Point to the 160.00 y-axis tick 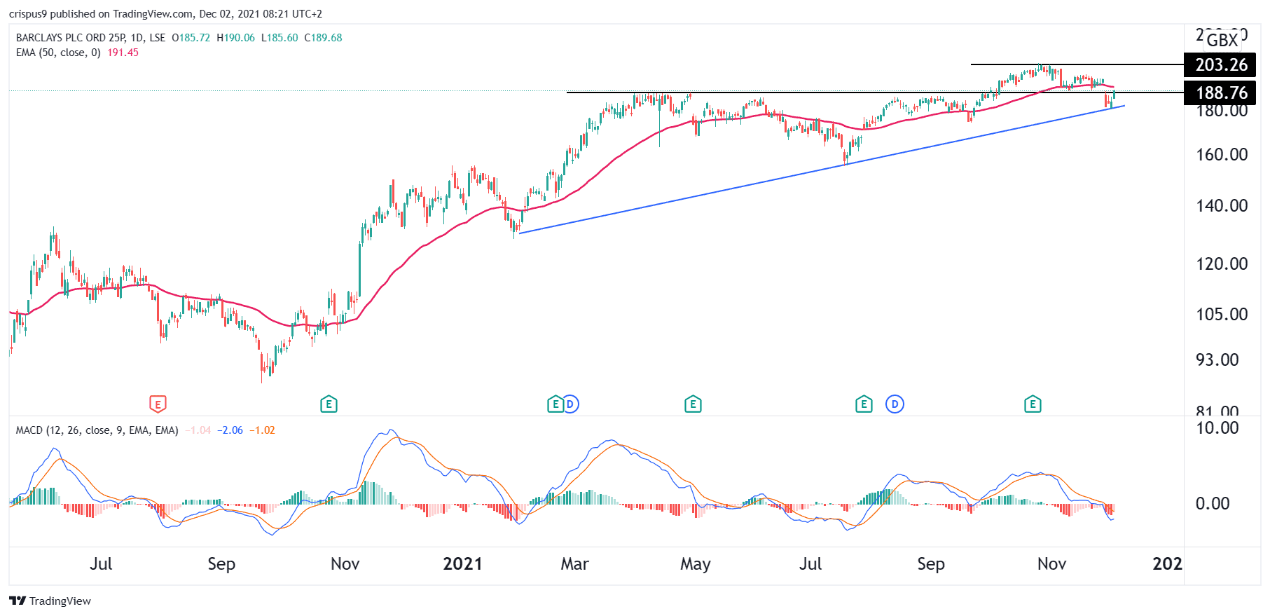click(x=1221, y=155)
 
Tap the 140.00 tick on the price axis click(x=1221, y=206)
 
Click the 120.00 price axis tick click(x=1221, y=264)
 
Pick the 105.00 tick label click(x=1221, y=315)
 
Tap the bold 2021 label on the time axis click(x=462, y=564)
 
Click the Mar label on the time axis click(x=574, y=564)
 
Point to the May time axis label click(x=695, y=564)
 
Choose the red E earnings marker click(x=158, y=404)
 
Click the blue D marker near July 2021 click(x=895, y=404)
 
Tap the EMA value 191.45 click(x=123, y=53)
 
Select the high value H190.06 click(x=235, y=38)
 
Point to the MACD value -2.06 click(x=230, y=430)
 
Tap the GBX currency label click(x=1222, y=40)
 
